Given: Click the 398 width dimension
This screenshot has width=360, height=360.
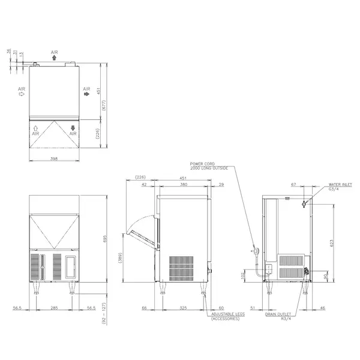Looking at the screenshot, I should [x=55, y=158].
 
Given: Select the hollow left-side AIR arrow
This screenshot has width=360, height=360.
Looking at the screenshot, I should [x=22, y=94].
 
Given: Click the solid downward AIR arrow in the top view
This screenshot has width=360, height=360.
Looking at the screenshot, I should [x=73, y=128].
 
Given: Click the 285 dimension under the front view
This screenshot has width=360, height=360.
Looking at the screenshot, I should [x=55, y=308].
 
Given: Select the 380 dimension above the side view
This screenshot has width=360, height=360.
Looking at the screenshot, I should [x=184, y=185].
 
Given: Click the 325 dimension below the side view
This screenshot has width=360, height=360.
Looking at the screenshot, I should [x=184, y=308].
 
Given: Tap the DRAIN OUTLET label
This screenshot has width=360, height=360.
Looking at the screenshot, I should [x=279, y=314].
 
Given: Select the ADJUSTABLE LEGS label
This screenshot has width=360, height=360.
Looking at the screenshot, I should [x=226, y=315].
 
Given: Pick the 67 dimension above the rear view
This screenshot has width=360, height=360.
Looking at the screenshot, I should [x=295, y=185].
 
